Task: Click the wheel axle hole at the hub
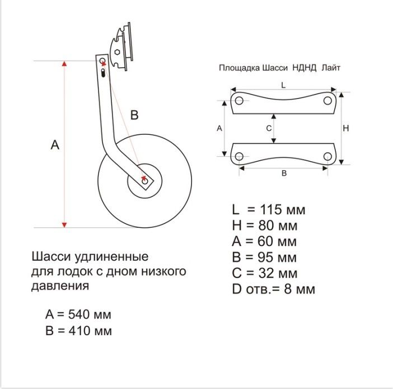144,180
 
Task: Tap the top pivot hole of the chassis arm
102,60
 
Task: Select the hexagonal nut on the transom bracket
117,52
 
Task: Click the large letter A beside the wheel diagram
55,145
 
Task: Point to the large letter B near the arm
134,115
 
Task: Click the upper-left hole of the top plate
239,101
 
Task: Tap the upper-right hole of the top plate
327,101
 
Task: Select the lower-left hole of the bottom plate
239,156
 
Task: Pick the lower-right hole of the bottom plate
327,156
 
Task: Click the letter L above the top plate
283,85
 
